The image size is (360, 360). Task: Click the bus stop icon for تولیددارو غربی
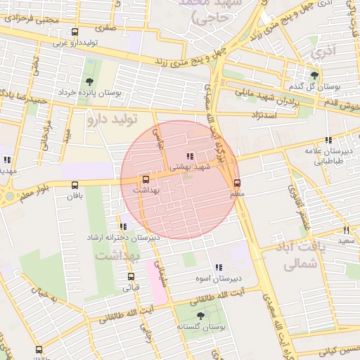click(x=75, y=32)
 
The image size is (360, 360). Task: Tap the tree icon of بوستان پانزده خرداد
click(x=89, y=81)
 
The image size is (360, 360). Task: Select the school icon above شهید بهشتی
click(x=188, y=155)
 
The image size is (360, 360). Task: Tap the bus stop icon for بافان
click(x=75, y=185)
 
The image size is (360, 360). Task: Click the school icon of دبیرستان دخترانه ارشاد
click(x=123, y=226)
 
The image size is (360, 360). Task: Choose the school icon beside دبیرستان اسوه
click(x=218, y=267)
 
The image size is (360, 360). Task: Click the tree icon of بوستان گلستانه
click(x=200, y=316)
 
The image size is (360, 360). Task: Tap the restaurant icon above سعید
click(x=346, y=230)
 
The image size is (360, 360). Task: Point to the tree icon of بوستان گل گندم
click(x=314, y=75)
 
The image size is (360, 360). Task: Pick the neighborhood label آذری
click(x=324, y=50)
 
